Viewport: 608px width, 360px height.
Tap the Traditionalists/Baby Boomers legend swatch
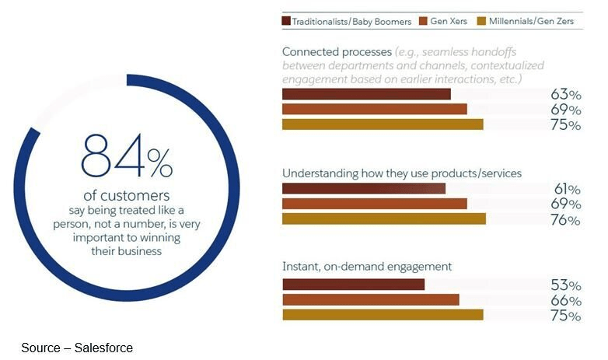point(287,21)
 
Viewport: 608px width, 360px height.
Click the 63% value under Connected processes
point(565,95)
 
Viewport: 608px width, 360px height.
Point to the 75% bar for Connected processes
point(382,124)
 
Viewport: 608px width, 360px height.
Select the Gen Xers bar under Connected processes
point(374,110)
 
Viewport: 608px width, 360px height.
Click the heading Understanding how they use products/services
point(401,173)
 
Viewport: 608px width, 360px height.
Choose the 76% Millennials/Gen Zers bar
point(383,218)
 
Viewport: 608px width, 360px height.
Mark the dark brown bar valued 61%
point(363,189)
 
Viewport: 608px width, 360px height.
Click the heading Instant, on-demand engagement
point(366,267)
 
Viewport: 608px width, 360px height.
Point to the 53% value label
point(565,285)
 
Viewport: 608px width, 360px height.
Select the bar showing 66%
point(370,299)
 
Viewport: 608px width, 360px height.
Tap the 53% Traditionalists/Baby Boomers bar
point(353,285)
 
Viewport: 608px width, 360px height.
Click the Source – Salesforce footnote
point(77,348)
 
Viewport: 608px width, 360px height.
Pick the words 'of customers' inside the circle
point(126,194)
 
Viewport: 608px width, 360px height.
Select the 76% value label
point(565,220)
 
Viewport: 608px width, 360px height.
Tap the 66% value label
point(565,301)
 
